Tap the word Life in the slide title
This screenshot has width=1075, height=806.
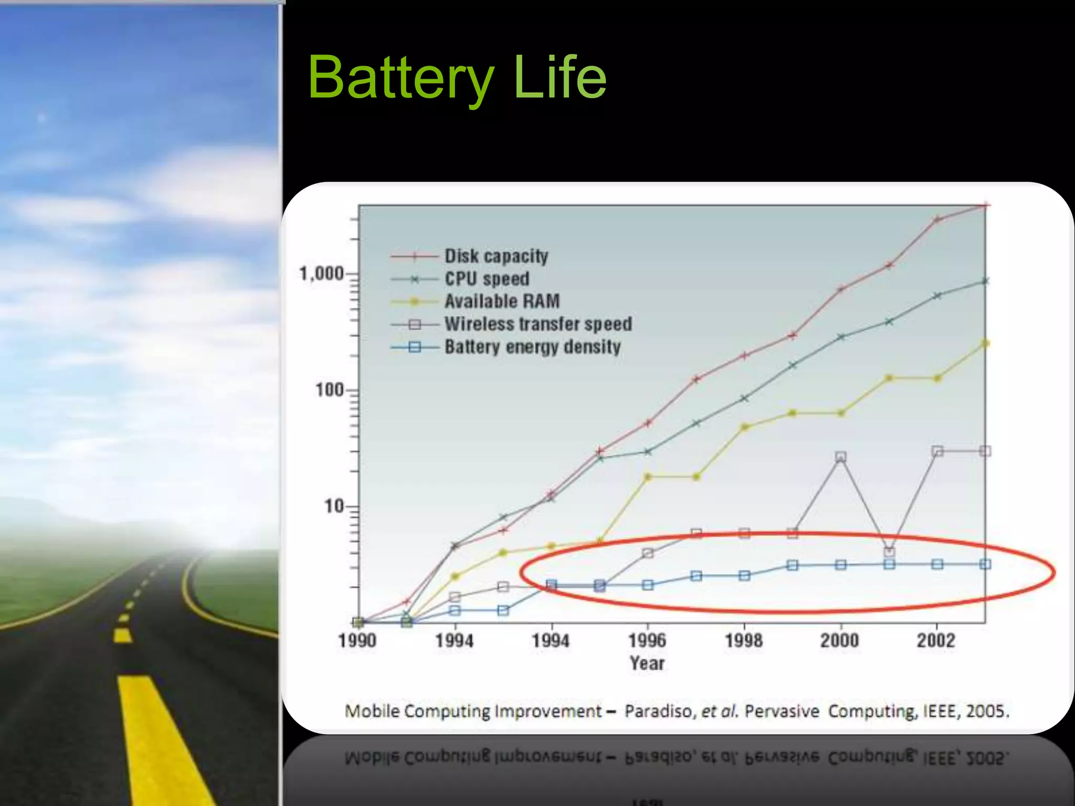coord(560,78)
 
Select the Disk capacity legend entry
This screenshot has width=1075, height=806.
coord(496,256)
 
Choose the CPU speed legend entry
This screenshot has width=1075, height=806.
coord(487,279)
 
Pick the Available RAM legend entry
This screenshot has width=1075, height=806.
coord(502,301)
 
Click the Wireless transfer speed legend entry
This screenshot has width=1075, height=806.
coord(538,324)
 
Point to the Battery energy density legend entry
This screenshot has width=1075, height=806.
coord(532,347)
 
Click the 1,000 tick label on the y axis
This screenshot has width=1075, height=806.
coord(321,273)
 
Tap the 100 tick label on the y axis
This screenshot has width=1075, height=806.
coord(329,390)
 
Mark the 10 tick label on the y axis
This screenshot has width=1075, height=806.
coord(333,506)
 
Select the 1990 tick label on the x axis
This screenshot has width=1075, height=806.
coord(357,641)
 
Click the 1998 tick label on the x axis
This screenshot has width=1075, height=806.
coord(744,641)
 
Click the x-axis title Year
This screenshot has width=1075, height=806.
coord(647,663)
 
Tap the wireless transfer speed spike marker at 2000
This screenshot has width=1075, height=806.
coord(841,457)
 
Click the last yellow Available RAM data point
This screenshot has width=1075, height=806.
coord(985,344)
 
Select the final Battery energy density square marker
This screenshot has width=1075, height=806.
coord(985,564)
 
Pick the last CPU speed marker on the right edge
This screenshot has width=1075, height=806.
coord(985,281)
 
